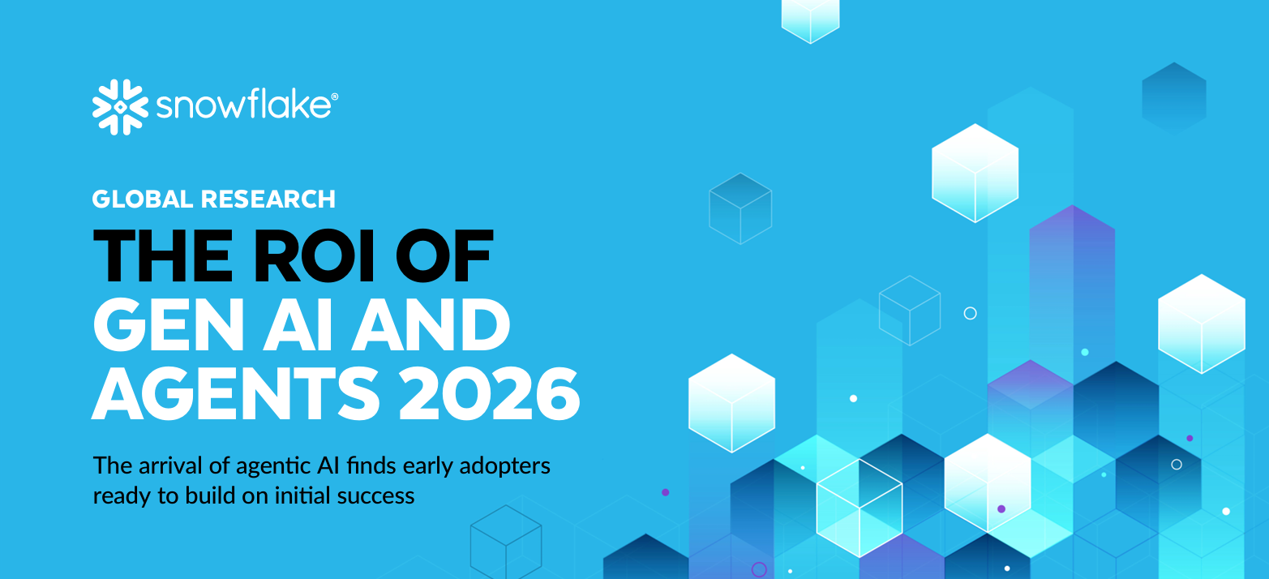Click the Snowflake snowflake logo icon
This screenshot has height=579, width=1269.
coord(120,107)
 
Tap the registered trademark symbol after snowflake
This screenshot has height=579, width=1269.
coord(335,96)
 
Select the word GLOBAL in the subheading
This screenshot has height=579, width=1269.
coord(143,199)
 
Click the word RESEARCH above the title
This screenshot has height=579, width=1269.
coord(268,199)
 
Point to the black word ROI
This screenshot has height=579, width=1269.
coord(314,255)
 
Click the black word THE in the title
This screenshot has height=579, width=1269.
coord(163,255)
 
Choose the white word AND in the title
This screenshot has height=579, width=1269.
coord(431,325)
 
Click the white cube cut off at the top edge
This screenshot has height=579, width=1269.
coord(810,20)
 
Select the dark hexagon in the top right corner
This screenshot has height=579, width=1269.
coord(1174,98)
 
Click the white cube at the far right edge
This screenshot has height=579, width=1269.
coord(1201,324)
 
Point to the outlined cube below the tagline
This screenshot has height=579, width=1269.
coord(506,542)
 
